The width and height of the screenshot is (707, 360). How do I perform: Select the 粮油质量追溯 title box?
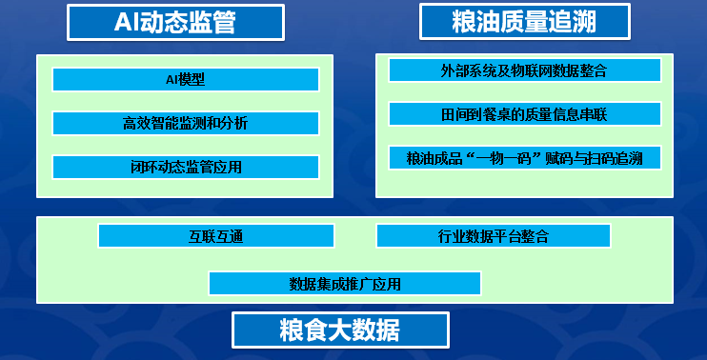pyautogui.click(x=525, y=21)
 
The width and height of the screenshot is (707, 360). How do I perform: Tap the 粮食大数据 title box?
pyautogui.click(x=339, y=330)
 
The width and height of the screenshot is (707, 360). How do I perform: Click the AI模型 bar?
pyautogui.click(x=185, y=79)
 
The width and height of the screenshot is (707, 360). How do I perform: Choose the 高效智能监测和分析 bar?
pyautogui.click(x=185, y=123)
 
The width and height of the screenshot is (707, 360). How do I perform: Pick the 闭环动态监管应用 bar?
pyautogui.click(x=185, y=167)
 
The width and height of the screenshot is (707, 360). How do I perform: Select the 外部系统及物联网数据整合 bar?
pyautogui.click(x=525, y=70)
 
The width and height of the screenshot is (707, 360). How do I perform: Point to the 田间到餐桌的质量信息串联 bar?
pyautogui.click(x=525, y=114)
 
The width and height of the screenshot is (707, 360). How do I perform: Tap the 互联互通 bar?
pyautogui.click(x=215, y=235)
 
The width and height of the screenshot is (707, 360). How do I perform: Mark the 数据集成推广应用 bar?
pyautogui.click(x=344, y=283)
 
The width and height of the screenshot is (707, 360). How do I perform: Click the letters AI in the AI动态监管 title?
pyautogui.click(x=127, y=22)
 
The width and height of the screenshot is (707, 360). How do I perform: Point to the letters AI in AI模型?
pyautogui.click(x=172, y=79)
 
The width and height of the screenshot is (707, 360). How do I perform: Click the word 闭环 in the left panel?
pyautogui.click(x=140, y=167)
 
